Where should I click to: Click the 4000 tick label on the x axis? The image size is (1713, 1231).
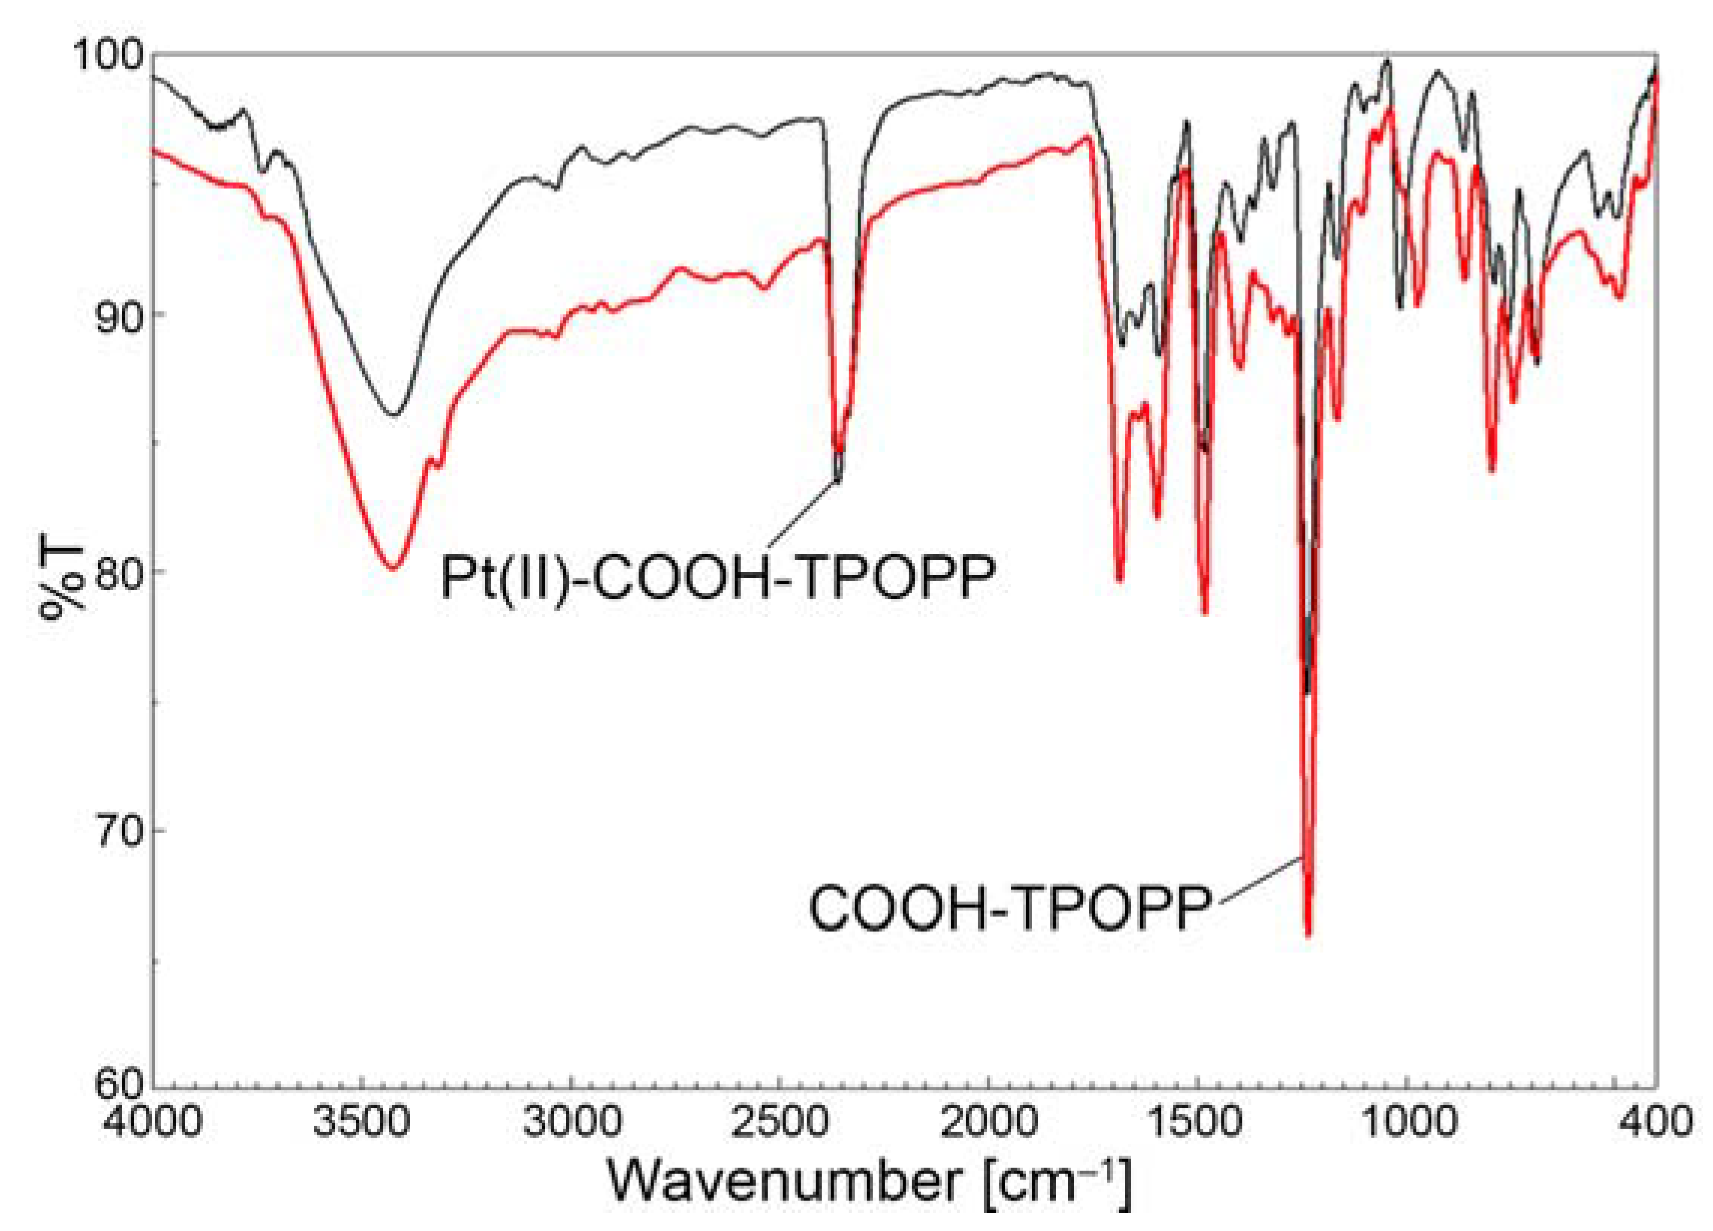pos(153,1122)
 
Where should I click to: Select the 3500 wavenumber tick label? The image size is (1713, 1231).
pos(362,1122)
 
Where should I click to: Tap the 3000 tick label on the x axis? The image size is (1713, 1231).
pos(573,1122)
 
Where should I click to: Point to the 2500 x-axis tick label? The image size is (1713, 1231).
pos(781,1122)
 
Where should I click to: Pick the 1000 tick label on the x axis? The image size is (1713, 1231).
pos(1407,1122)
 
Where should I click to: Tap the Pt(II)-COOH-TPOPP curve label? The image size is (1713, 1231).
pos(716,578)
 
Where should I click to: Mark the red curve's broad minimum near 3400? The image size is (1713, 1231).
pos(392,567)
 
